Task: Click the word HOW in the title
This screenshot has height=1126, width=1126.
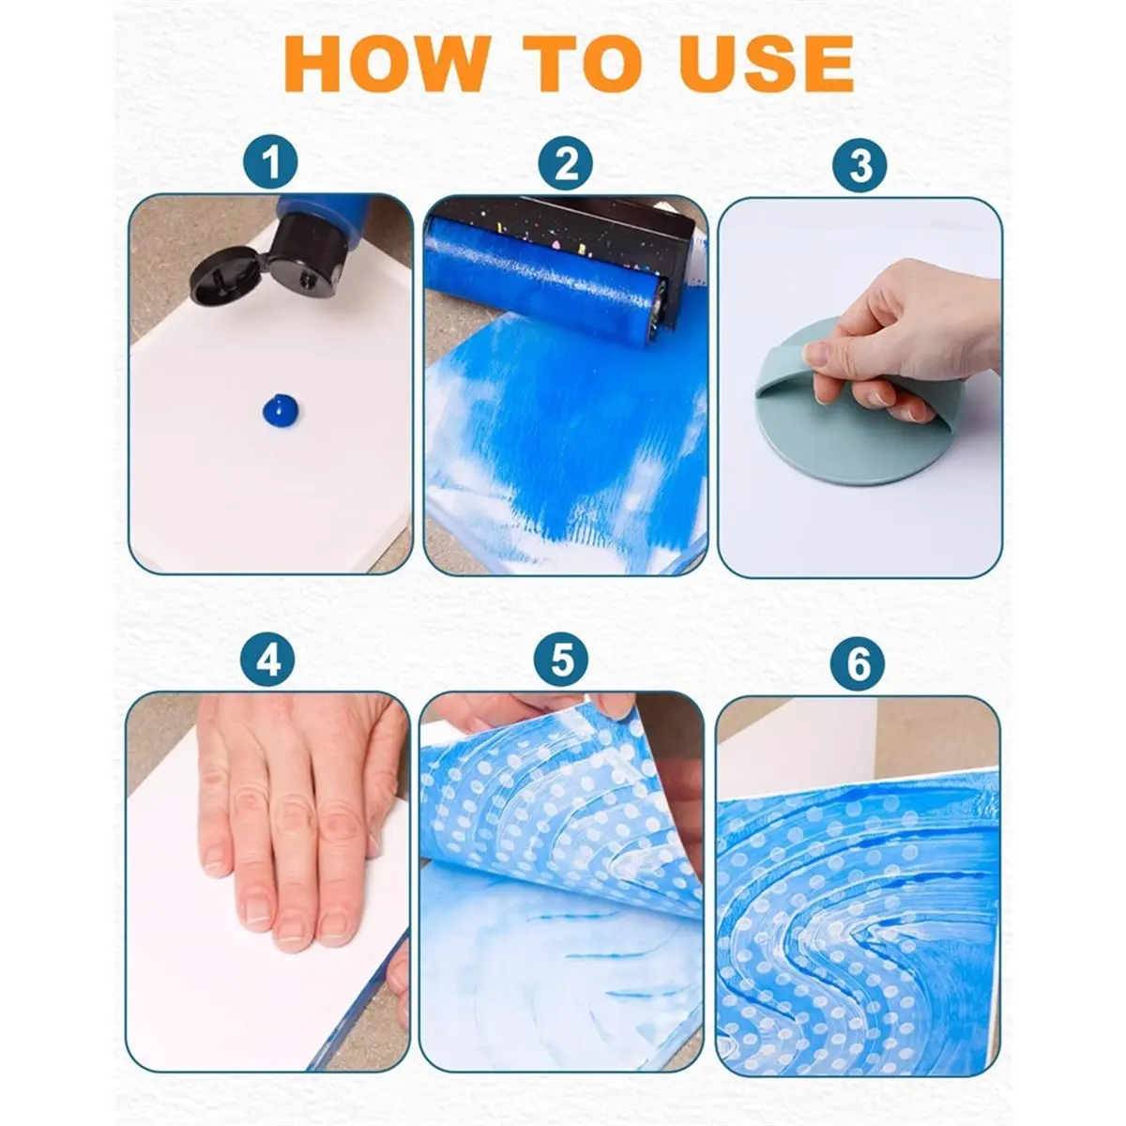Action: click(x=386, y=64)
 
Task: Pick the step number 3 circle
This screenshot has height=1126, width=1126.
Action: click(x=860, y=165)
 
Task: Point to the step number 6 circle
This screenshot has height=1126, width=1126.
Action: click(x=858, y=664)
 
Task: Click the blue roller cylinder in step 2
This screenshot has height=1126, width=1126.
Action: click(x=540, y=281)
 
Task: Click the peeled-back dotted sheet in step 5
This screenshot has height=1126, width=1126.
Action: click(x=561, y=818)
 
